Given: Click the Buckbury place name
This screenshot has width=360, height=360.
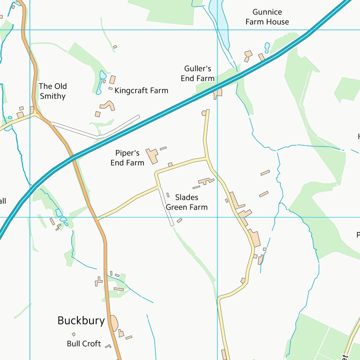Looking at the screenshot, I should pyautogui.click(x=81, y=321).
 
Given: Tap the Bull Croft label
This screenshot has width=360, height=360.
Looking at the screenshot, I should pyautogui.click(x=84, y=344).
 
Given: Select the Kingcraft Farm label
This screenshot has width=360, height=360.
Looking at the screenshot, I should pyautogui.click(x=141, y=90).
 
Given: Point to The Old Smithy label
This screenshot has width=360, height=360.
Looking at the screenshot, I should pyautogui.click(x=52, y=91).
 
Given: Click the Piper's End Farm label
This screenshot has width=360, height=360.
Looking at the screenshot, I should pyautogui.click(x=127, y=158).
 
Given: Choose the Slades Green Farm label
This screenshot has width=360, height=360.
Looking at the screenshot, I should pyautogui.click(x=187, y=202).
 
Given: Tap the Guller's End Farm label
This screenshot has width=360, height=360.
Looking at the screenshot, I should pyautogui.click(x=198, y=74).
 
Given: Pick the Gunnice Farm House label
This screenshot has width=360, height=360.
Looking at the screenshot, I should pyautogui.click(x=267, y=17).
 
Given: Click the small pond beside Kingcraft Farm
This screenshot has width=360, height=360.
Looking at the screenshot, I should pyautogui.click(x=102, y=75).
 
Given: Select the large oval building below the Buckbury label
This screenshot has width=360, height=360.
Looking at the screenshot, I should pyautogui.click(x=114, y=322).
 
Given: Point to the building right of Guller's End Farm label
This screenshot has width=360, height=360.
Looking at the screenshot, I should pyautogui.click(x=218, y=92).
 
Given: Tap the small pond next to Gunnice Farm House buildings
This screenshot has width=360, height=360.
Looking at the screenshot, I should pyautogui.click(x=267, y=47).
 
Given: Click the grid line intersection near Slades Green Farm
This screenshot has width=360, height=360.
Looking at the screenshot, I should pyautogui.click(x=217, y=217).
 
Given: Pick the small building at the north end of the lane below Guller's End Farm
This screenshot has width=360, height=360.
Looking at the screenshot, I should pyautogui.click(x=204, y=113).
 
